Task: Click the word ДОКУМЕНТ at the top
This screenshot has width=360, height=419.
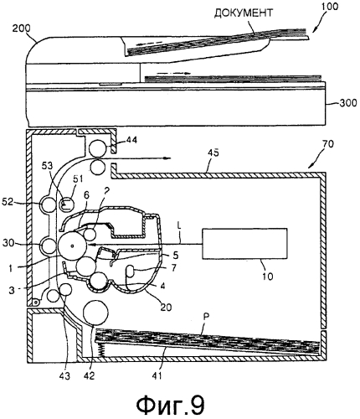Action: click(x=244, y=13)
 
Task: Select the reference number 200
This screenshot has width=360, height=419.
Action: click(x=22, y=28)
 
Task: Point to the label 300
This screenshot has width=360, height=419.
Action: click(x=347, y=103)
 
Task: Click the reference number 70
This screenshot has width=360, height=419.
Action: click(x=327, y=144)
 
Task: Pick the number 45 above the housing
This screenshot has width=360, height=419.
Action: click(x=213, y=153)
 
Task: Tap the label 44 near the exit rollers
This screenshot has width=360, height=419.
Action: click(x=131, y=139)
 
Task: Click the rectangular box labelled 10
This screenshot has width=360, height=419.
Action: click(x=244, y=244)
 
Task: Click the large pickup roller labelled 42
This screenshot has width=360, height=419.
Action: click(x=96, y=313)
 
